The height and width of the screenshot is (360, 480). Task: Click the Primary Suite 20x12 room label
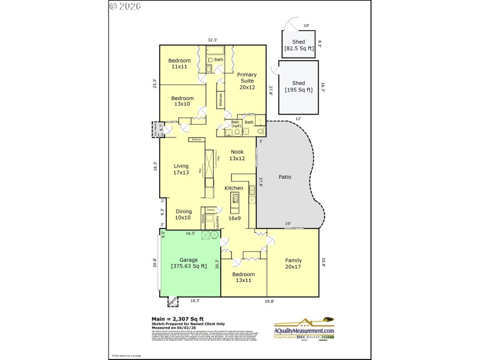tap(247, 80)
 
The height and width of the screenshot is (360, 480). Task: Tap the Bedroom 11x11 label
tap(179, 64)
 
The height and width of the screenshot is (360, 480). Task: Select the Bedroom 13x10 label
tap(182, 101)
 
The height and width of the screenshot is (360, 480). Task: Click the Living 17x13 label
tap(181, 169)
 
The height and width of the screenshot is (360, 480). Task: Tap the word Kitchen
tap(233, 188)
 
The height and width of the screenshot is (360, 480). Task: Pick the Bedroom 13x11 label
tap(240, 277)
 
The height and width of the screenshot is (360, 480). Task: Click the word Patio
tap(285, 177)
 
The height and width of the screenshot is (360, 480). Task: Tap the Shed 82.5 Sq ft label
tap(298, 46)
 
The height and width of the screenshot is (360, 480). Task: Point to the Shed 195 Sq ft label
tap(298, 86)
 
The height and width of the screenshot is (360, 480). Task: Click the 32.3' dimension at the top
tap(212, 40)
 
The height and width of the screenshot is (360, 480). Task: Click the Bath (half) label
tap(235, 124)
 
